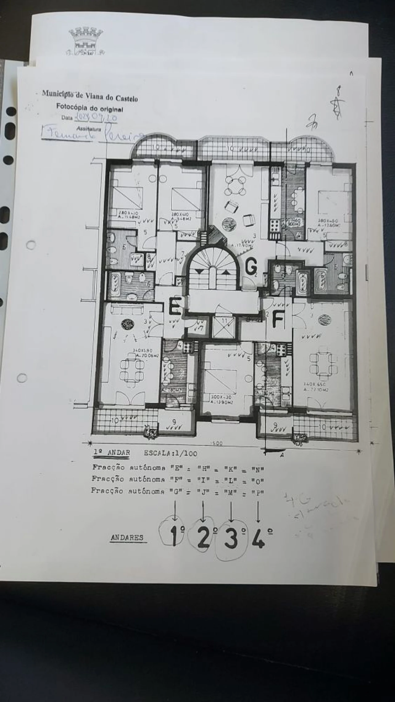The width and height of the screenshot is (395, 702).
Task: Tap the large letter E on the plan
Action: coord(175,306)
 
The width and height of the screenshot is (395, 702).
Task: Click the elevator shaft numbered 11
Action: coord(224,327)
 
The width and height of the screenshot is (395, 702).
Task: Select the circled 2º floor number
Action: coord(204,538)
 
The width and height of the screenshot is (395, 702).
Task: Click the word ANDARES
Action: coord(127,537)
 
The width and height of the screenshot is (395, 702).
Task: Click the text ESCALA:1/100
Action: coord(170,453)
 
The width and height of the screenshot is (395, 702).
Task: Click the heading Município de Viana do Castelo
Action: coord(90,96)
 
